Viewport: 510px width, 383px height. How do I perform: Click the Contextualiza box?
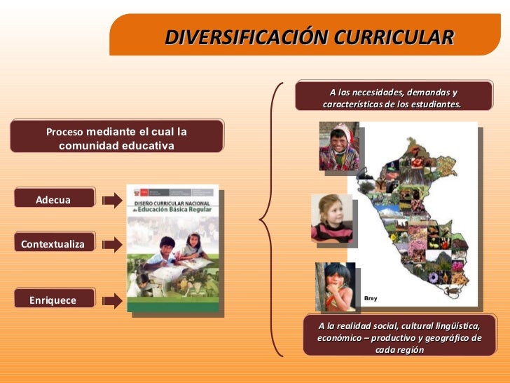[53, 243]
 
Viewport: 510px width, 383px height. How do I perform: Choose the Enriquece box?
[53, 300]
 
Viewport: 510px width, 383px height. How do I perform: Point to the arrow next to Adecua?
[111, 201]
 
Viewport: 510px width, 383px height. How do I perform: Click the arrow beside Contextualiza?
[111, 245]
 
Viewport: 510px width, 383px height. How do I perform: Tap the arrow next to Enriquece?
[111, 301]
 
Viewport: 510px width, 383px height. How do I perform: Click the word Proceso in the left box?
[64, 132]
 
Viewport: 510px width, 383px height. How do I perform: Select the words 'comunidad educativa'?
[116, 146]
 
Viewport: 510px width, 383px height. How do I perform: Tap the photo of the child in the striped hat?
[338, 146]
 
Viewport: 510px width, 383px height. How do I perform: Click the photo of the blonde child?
[331, 218]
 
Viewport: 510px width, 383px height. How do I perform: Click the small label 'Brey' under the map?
[371, 299]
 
